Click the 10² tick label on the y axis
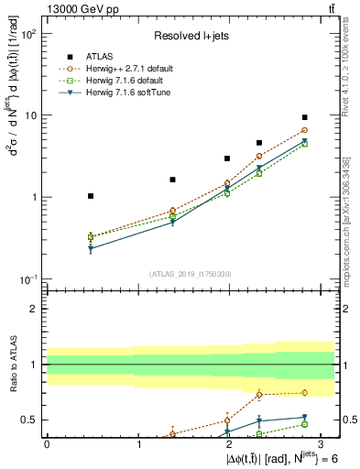coord(29,34)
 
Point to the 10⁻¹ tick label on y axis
coord(29,278)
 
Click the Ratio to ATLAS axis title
coord(12,364)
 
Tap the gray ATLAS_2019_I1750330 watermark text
coord(190,273)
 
